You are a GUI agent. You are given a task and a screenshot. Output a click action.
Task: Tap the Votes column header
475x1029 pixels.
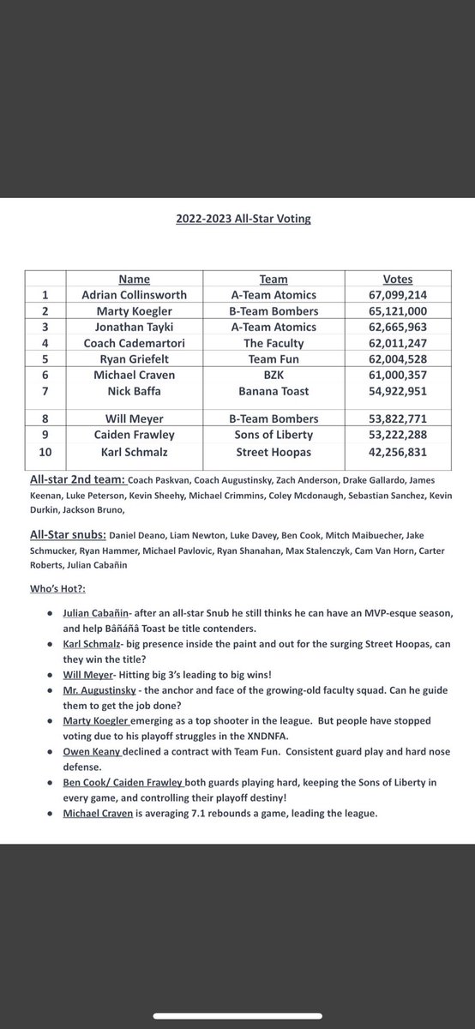click(397, 280)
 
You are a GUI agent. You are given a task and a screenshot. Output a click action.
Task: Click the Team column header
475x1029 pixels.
click(273, 280)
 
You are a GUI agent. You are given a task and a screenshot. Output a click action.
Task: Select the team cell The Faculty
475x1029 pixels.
click(273, 342)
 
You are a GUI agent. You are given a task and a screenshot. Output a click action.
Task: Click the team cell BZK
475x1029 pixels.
click(273, 374)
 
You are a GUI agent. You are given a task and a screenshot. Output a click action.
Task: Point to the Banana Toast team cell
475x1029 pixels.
click(273, 390)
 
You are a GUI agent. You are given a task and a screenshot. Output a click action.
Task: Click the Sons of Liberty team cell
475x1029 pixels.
click(273, 436)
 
